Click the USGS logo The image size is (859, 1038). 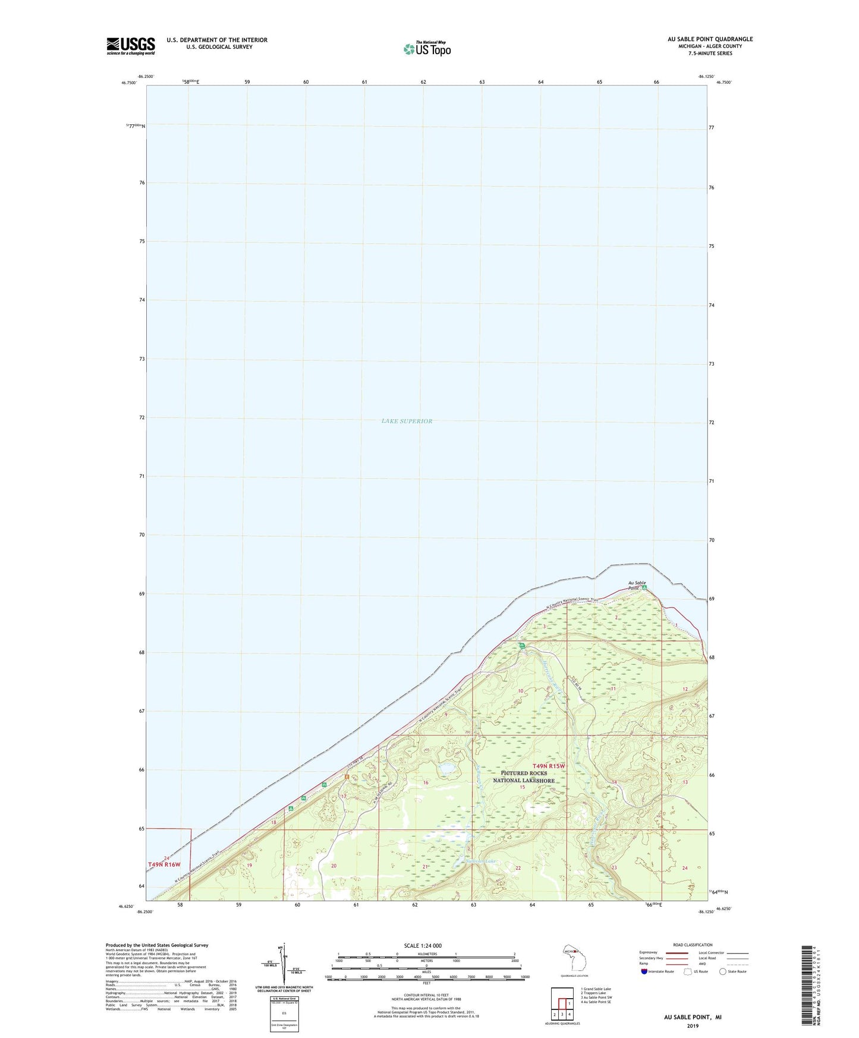[131, 46]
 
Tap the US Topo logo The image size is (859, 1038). [427, 49]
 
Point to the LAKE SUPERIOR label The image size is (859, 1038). [407, 421]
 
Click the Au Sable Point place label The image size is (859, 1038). [637, 585]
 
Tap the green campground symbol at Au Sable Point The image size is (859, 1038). [646, 589]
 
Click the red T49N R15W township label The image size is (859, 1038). [549, 766]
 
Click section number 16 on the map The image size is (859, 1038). [426, 783]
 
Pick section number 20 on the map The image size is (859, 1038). [333, 866]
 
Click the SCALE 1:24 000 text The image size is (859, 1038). [423, 945]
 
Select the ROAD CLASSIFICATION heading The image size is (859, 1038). [693, 945]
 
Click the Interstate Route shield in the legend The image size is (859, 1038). [644, 971]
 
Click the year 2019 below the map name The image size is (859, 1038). [692, 1026]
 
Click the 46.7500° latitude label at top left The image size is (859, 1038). [128, 83]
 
